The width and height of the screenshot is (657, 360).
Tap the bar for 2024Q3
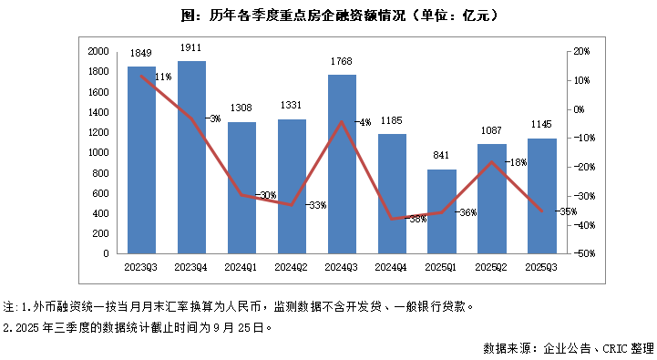tap(342, 164)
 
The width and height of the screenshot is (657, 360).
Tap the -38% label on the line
tap(417, 220)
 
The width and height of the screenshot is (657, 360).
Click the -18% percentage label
tap(517, 162)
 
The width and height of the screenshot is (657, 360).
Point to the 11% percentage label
tap(163, 77)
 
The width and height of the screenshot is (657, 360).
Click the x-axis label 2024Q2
tap(292, 266)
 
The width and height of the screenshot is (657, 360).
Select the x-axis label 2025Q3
tap(541, 266)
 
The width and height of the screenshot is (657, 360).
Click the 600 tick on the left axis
tap(101, 193)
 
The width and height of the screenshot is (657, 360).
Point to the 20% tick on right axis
tap(580, 52)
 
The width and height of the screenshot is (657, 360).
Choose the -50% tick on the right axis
tap(580, 254)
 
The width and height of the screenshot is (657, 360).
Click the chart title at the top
tap(327, 15)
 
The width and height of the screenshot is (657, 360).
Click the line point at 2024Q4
tap(392, 219)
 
